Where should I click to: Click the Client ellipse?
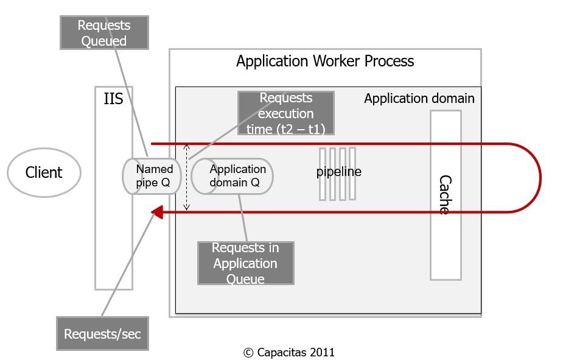pos(44,172)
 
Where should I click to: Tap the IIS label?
pos(113,99)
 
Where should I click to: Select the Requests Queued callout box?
pos(103,33)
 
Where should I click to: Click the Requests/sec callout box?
pos(102,333)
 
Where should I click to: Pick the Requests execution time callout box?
pos(285,113)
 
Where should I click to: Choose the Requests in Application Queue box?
pos(245,263)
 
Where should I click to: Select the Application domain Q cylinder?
pos(234,176)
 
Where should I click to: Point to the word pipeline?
pos(338,172)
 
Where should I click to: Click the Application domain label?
pos(419,99)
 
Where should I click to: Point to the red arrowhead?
pos(156,212)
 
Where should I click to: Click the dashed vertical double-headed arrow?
pos(187,177)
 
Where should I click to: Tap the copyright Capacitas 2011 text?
pos(289,352)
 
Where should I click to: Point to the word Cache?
pos(445,194)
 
